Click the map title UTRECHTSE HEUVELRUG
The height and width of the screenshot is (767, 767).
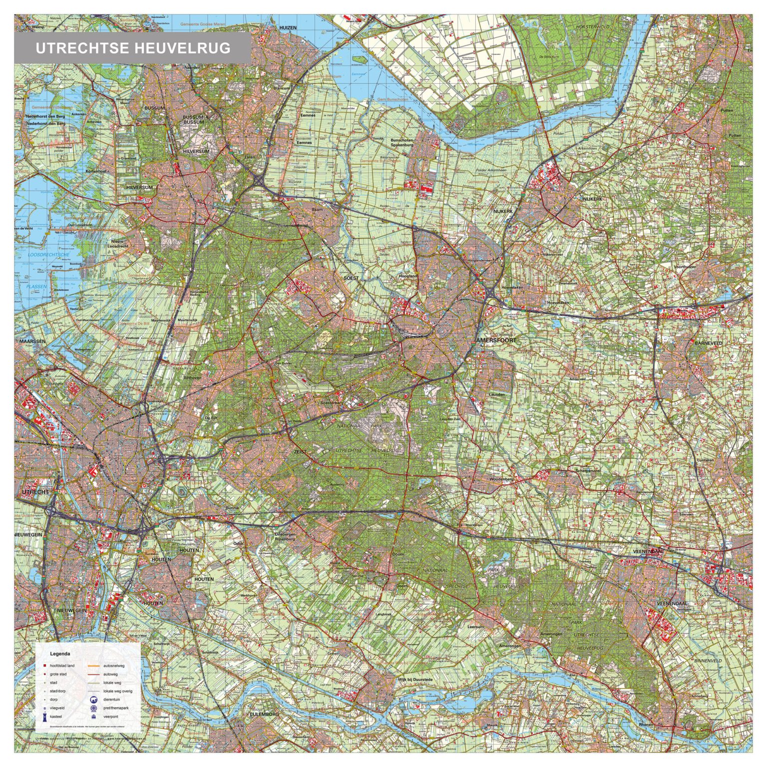click(x=133, y=48)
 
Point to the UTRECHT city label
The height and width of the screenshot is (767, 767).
click(x=35, y=492)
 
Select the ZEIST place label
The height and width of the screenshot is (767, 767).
click(x=300, y=451)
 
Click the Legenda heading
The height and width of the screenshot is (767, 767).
click(x=60, y=653)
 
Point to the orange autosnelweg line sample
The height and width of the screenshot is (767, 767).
click(x=93, y=666)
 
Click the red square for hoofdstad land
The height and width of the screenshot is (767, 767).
click(x=44, y=666)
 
